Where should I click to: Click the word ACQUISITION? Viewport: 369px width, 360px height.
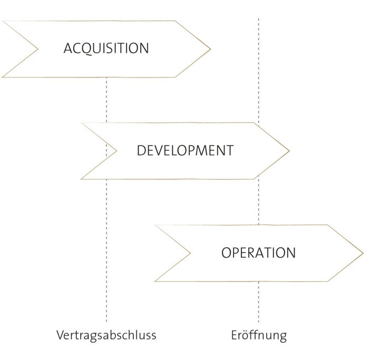(106, 48)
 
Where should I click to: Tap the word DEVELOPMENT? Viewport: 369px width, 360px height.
(185, 150)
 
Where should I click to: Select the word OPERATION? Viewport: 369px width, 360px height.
(258, 252)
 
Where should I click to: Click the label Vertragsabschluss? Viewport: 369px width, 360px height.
(106, 335)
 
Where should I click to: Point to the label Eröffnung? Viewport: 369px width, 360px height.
(259, 335)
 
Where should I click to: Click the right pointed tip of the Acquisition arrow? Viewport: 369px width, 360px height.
(211, 49)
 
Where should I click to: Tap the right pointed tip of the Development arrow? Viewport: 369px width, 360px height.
(289, 151)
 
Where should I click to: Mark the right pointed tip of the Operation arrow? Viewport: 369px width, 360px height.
(363, 253)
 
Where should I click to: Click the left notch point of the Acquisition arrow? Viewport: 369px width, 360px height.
(37, 49)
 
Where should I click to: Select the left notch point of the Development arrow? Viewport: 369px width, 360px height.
(116, 151)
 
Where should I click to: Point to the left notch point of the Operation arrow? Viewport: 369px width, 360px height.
(190, 253)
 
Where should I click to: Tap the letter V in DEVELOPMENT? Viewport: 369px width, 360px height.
(162, 150)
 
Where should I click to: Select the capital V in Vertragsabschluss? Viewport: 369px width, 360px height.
(61, 335)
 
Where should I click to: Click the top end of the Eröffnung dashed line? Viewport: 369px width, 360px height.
(259, 18)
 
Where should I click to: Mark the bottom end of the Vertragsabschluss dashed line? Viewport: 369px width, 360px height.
(106, 322)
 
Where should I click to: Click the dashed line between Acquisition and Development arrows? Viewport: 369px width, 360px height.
(106, 100)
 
